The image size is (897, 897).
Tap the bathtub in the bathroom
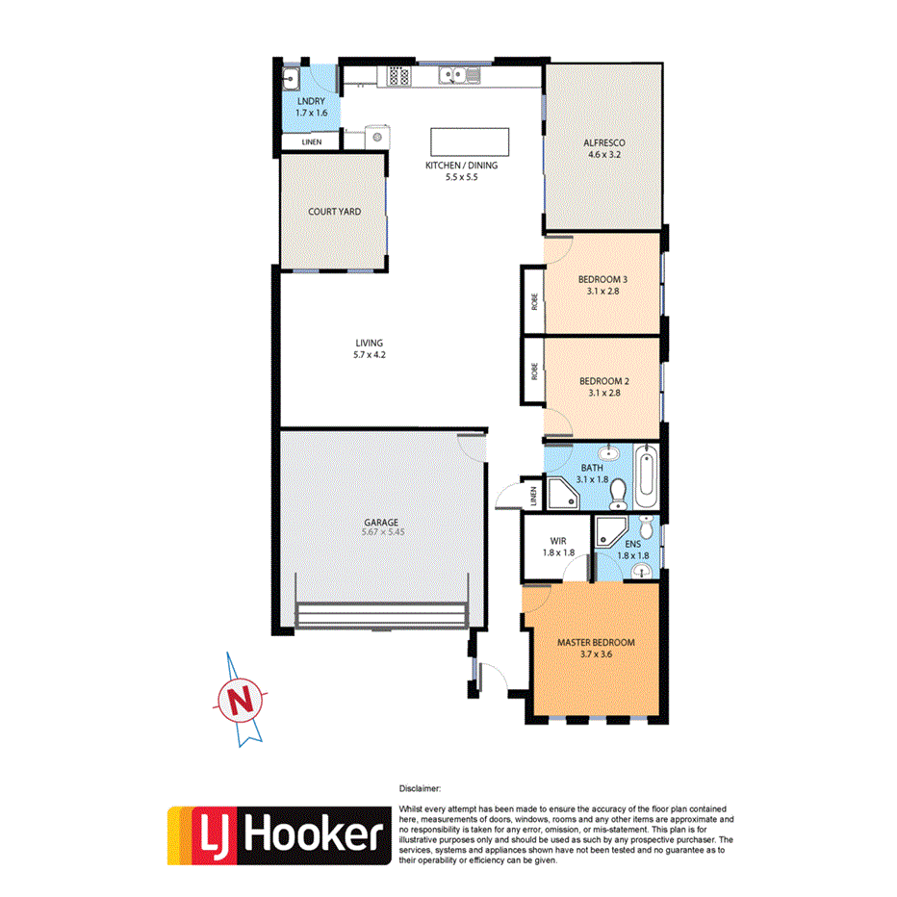647,476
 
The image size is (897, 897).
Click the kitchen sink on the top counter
451,75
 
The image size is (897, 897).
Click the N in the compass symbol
246,700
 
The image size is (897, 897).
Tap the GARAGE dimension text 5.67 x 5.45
381,531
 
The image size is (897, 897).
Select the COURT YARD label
334,211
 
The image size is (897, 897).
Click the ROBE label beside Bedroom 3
533,300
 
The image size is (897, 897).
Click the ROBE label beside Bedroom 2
533,372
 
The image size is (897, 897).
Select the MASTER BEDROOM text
597,642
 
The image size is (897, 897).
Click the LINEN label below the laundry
311,142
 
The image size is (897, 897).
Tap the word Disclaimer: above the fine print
419,788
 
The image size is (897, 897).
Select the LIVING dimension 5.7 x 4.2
369,355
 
